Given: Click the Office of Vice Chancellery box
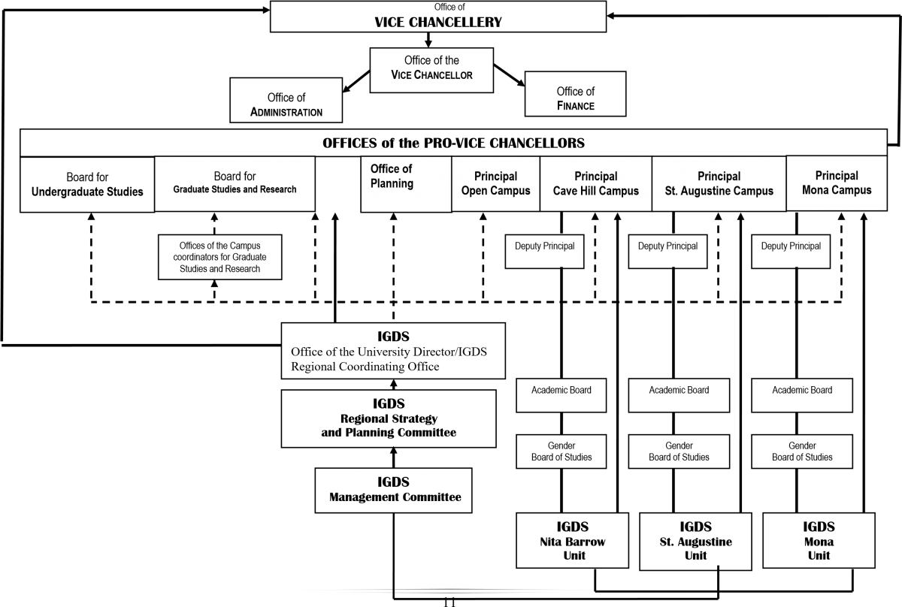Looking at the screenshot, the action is coord(438,17).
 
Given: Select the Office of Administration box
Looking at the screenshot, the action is coord(286,100).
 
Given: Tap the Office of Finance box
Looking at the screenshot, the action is coord(576,94).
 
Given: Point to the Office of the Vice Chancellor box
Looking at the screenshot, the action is coord(431,71).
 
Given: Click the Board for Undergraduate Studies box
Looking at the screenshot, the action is coord(87,184).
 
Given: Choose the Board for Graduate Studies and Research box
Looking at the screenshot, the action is coord(235,184).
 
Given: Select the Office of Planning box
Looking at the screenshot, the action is coord(406,184).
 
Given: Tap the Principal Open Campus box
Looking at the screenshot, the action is coord(495,183).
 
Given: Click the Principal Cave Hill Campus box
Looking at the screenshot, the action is coord(596,183).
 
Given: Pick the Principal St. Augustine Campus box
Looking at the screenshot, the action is coord(719,183).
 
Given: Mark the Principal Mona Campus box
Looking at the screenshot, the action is coord(837,183).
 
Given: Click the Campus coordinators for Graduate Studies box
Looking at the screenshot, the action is coord(219,257).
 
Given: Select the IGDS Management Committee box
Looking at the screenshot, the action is coord(393,491).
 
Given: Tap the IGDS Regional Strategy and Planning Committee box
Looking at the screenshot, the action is coord(389,418).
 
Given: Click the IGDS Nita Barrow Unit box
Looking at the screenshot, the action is coord(572,541).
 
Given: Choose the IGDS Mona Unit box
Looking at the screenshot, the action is coord(819,541).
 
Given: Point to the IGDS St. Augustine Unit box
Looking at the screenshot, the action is coord(695,542).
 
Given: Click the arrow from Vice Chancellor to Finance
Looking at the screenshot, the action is coord(510,75).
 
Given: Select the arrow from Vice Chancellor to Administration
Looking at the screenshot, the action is coord(356,82).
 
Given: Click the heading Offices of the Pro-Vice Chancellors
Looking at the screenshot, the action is coord(453,143).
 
